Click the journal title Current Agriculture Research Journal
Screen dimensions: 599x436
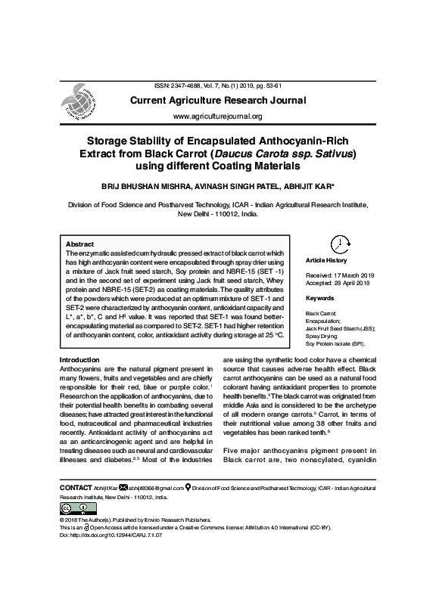point(218,101)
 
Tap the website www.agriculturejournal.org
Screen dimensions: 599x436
point(218,116)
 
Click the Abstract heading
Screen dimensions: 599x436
point(80,245)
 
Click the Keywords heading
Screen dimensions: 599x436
point(320,298)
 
